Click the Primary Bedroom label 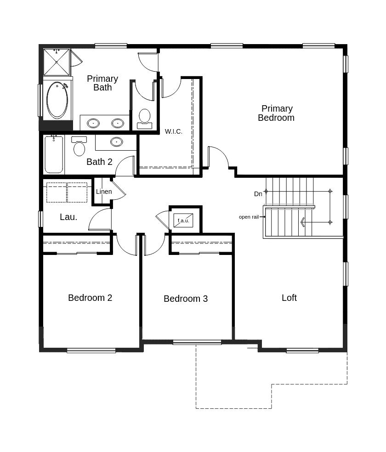click(276, 113)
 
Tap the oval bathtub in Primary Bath click(57, 100)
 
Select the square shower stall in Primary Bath click(57, 62)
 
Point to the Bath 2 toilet click(79, 146)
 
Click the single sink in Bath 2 click(116, 141)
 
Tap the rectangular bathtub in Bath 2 click(54, 154)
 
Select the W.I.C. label click(174, 131)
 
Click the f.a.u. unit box click(183, 220)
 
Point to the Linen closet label click(104, 192)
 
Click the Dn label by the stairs click(258, 194)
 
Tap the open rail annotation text click(249, 217)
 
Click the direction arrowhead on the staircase click(303, 222)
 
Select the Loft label click(289, 298)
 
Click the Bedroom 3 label click(186, 299)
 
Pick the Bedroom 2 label click(90, 298)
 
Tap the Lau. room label click(68, 217)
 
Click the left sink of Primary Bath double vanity click(93, 123)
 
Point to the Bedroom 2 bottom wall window click(91, 350)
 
